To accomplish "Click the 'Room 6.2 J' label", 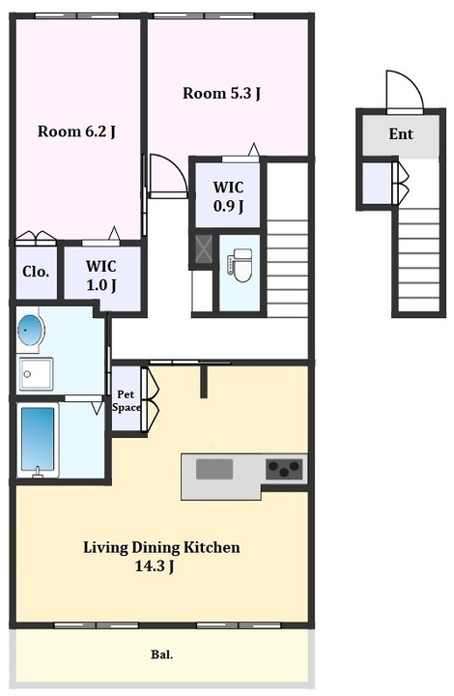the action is tap(76, 131).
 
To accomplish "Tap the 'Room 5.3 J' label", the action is tap(221, 93).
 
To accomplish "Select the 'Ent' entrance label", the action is tap(401, 133).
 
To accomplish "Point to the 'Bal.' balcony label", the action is tap(162, 654).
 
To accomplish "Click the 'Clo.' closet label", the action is tap(36, 272).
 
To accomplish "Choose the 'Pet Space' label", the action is tap(127, 401).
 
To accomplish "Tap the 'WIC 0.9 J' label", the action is tap(229, 196).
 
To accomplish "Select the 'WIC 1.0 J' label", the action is tap(101, 275).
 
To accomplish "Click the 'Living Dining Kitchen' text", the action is tap(162, 547).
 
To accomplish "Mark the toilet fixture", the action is tap(240, 266).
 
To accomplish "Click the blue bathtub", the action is tap(38, 440).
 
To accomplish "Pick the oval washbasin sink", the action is tap(31, 331).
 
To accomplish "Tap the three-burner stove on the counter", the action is tap(284, 468).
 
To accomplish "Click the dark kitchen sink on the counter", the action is tap(214, 469).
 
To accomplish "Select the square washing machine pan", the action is tap(36, 374).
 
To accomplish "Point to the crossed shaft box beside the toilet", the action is tap(204, 250).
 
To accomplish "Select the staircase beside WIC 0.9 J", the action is tap(287, 240).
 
